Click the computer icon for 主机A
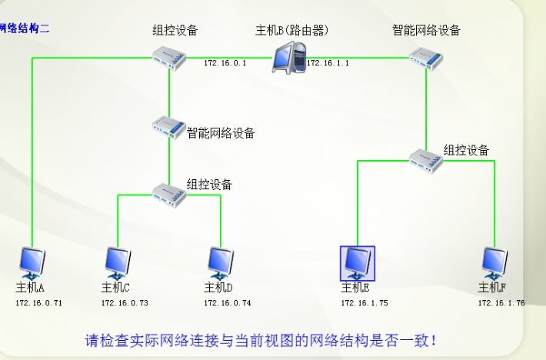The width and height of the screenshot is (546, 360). point(32,263)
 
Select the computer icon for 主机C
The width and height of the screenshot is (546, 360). point(118,263)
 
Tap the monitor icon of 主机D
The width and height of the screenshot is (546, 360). point(220,263)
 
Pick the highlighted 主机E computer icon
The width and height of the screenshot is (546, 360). point(358,263)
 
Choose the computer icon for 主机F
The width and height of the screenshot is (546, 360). point(493,263)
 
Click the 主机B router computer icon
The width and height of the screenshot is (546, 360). point(289,58)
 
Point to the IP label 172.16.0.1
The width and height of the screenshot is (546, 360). point(225,63)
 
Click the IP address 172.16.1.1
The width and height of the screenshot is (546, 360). point(328,63)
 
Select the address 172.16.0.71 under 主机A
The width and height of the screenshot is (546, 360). point(38,303)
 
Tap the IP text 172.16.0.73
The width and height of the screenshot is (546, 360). point(125,303)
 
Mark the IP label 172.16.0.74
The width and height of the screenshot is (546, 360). point(227,303)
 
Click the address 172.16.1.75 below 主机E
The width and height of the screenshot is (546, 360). point(365,303)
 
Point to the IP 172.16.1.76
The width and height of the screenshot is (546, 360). point(501,303)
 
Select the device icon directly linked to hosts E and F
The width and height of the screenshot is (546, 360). point(426,159)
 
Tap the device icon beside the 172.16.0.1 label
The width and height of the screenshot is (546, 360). point(169,58)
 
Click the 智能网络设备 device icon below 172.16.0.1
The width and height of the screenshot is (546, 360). point(169,126)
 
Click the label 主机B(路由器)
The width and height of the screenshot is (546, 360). point(291,31)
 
